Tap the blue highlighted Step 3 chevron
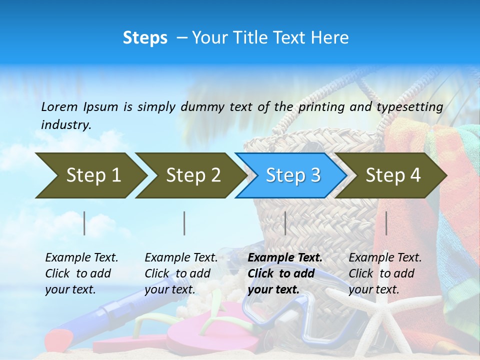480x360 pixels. point(293,175)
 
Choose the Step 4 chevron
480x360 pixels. point(393,175)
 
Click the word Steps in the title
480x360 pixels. point(145,38)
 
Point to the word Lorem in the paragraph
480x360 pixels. point(59,106)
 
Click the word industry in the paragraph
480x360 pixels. point(65,125)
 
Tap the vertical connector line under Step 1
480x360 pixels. point(84,223)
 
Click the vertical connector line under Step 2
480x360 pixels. point(184,223)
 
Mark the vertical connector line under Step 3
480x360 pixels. point(285,223)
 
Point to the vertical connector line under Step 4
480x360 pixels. point(386,223)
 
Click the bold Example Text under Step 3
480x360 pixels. point(285,258)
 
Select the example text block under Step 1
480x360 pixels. point(81,273)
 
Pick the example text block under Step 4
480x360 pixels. point(385,273)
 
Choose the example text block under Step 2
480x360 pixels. point(181,273)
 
